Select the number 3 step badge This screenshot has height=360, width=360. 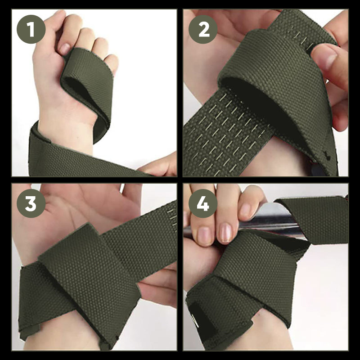click(x=31, y=203)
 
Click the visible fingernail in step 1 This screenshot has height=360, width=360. click(x=65, y=48)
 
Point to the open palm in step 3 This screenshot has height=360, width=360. click(x=90, y=202)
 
